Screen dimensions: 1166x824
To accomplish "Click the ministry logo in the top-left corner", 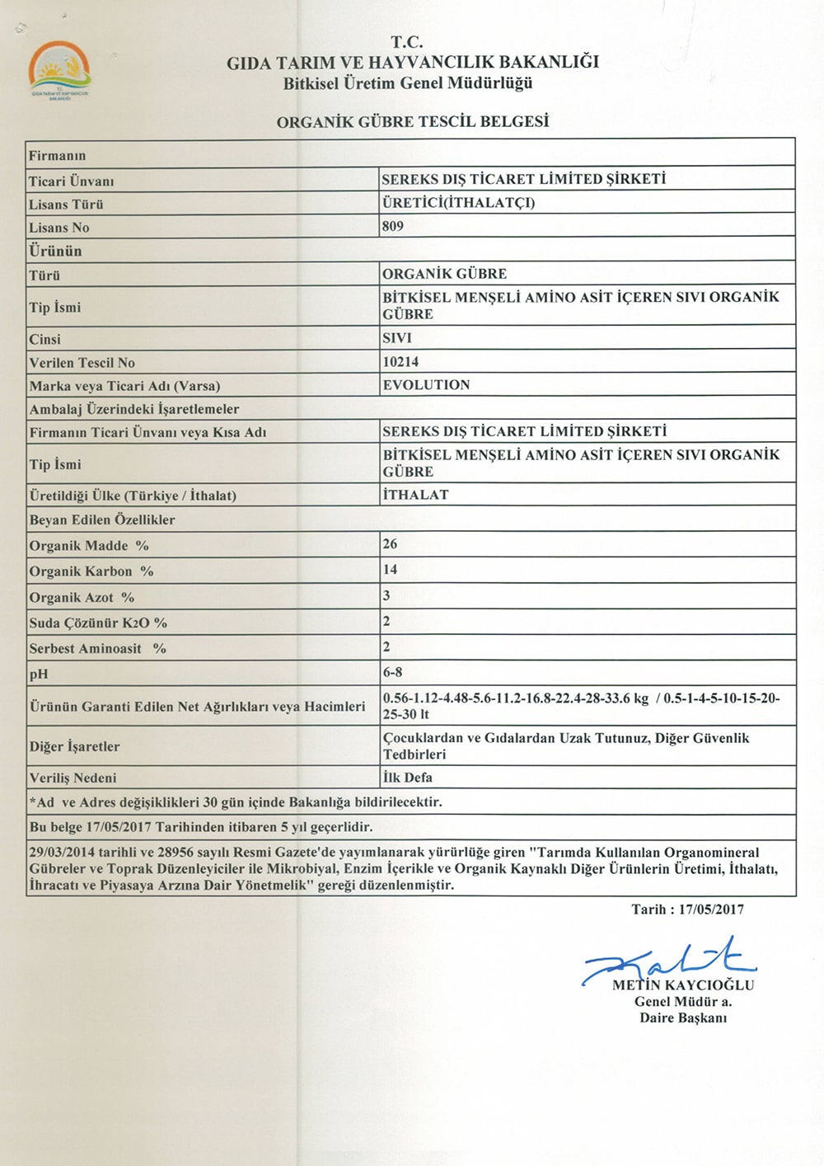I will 60,71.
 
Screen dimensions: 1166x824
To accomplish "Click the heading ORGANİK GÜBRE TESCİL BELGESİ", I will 412,122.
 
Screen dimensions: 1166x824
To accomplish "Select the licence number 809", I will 393,226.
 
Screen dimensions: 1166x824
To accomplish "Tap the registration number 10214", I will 400,361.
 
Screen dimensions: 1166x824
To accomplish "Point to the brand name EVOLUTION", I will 426,385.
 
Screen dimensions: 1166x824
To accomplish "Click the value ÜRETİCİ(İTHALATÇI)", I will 458,203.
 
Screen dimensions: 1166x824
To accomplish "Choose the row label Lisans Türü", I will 67,205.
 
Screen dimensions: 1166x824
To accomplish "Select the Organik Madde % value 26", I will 390,544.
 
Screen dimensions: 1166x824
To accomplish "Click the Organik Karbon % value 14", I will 390,570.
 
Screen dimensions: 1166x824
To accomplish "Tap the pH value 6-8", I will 392,672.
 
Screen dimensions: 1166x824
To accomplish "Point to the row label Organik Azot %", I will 82,597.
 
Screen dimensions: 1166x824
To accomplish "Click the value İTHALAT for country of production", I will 415,495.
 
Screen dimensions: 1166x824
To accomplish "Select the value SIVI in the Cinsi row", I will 396,338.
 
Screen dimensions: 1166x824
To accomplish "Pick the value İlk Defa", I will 407,778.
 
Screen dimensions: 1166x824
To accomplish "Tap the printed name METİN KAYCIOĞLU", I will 683,985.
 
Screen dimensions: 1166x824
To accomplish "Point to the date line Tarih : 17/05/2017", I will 687,910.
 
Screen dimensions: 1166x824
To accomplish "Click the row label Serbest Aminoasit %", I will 97,649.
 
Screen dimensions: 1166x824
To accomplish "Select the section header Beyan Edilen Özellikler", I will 102,520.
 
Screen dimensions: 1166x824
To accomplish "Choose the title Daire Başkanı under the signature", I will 683,1018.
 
